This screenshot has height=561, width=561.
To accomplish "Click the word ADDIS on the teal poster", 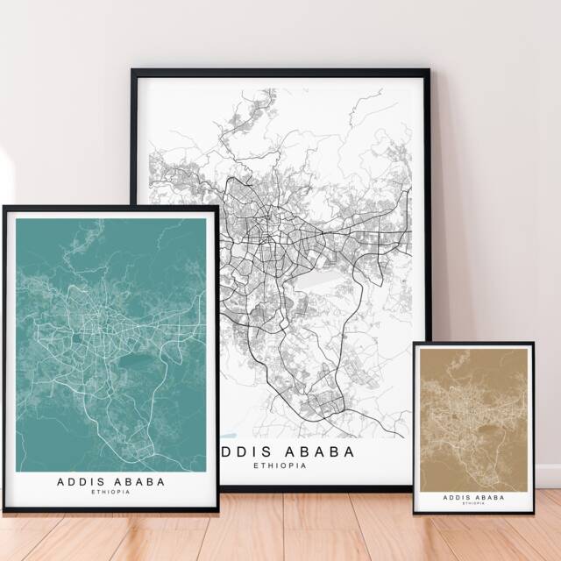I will point(80,481).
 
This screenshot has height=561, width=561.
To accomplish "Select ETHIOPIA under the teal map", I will point(110,492).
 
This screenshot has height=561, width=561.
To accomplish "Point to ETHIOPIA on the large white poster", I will point(280,465).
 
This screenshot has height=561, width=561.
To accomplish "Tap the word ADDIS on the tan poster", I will point(457,497).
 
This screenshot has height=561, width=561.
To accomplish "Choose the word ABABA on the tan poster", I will point(489,497).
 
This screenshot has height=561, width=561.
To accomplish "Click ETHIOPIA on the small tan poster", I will point(473,504).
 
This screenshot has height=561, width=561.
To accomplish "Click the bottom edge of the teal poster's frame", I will point(110,508).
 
